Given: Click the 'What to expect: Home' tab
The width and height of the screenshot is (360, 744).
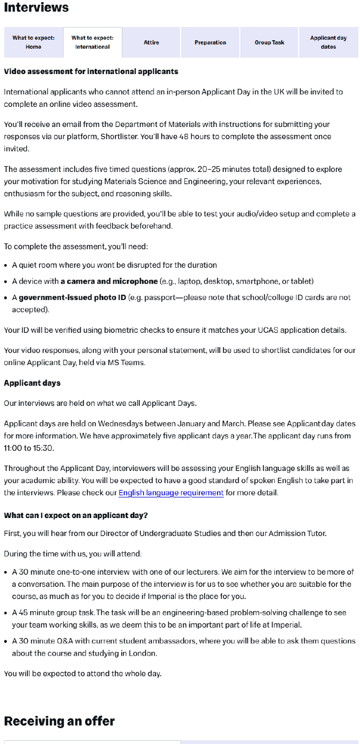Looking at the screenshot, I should [33, 42].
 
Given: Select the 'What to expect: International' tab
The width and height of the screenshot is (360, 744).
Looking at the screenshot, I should [93, 42].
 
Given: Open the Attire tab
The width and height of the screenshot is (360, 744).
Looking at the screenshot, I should [151, 42].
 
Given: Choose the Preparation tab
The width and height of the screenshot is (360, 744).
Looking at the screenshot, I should [210, 42].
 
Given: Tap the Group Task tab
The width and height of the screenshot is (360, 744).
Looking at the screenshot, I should [269, 42].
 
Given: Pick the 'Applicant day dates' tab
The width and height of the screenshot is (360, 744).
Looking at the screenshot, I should [328, 42].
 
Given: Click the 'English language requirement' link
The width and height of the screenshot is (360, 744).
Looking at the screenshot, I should [171, 493].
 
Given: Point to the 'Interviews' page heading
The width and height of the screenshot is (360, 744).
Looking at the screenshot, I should [37, 8].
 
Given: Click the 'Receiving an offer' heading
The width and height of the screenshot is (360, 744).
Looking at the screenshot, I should [59, 721].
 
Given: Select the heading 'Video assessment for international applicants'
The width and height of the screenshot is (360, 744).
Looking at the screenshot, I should [91, 71].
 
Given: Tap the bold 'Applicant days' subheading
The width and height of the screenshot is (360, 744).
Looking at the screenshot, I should [32, 383].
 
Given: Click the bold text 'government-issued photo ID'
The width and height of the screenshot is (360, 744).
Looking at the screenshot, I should [73, 297].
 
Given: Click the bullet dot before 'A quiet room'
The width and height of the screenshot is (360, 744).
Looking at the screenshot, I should [6, 265].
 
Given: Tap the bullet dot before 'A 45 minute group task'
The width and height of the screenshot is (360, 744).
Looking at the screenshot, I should [6, 613].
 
